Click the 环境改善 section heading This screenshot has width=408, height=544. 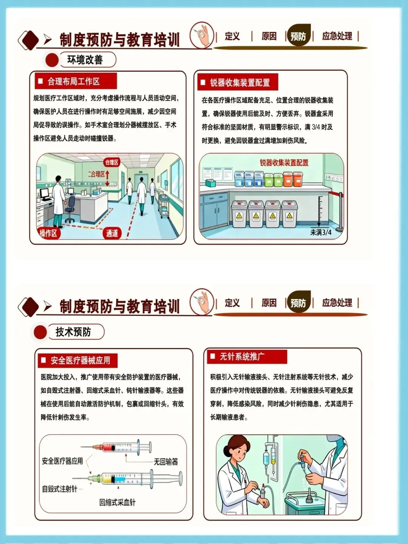[85, 60]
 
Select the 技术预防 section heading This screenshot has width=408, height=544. [73, 332]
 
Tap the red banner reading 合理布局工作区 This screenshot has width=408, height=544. [76, 81]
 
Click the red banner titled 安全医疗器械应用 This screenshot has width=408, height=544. [77, 360]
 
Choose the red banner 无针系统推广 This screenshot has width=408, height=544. [247, 357]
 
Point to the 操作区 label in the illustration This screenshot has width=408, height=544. [48, 233]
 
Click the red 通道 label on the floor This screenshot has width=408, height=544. [112, 233]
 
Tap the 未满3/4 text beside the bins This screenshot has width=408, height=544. [321, 232]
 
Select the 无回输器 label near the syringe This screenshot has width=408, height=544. [166, 462]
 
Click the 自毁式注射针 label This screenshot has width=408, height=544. [60, 489]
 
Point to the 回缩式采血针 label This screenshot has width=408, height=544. [117, 502]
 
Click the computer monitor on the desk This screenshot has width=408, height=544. [45, 194]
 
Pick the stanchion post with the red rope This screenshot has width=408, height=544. [341, 211]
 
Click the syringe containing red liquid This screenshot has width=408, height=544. [116, 447]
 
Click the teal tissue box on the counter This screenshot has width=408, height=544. [210, 183]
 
